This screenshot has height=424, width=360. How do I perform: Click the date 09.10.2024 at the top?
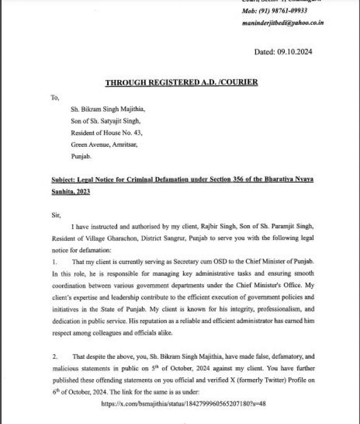[x=293, y=51]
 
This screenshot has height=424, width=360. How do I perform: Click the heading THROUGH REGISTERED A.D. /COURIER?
[x=181, y=82]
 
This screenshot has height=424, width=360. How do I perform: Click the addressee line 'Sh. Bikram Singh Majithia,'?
[x=107, y=109]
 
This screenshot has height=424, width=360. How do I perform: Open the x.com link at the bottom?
[x=183, y=403]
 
